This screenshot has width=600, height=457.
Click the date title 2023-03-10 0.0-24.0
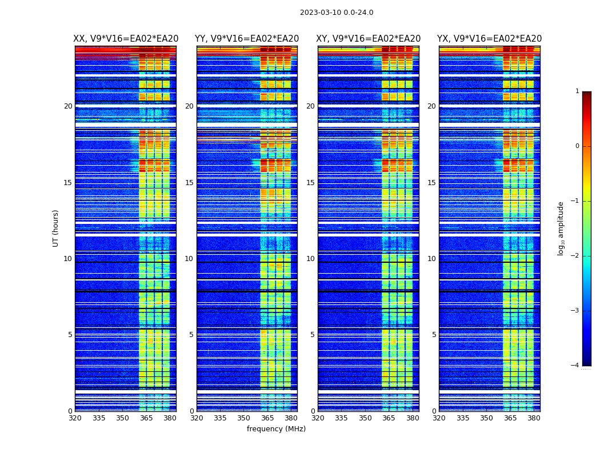click(337, 13)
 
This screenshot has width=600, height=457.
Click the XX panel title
click(126, 39)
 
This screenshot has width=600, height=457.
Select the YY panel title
click(247, 39)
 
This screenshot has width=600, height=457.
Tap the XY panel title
click(369, 39)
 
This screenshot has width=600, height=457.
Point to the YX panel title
click(490, 39)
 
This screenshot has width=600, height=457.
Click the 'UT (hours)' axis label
click(56, 228)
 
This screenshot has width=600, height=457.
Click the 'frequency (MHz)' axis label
click(276, 429)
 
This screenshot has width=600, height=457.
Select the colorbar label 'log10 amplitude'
click(561, 228)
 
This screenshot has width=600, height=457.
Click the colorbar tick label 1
click(577, 91)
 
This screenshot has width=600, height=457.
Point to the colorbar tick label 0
click(577, 146)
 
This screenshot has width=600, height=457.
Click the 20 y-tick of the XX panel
click(68, 106)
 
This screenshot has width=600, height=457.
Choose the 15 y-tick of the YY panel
click(189, 183)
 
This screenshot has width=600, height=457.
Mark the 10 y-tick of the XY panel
click(310, 259)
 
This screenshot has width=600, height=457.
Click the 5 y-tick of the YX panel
click(434, 335)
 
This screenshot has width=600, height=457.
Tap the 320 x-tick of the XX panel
click(75, 418)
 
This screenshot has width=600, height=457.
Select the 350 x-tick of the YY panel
click(244, 418)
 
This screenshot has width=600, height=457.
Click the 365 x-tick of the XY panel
click(389, 418)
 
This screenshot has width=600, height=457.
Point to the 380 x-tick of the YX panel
click(534, 418)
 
